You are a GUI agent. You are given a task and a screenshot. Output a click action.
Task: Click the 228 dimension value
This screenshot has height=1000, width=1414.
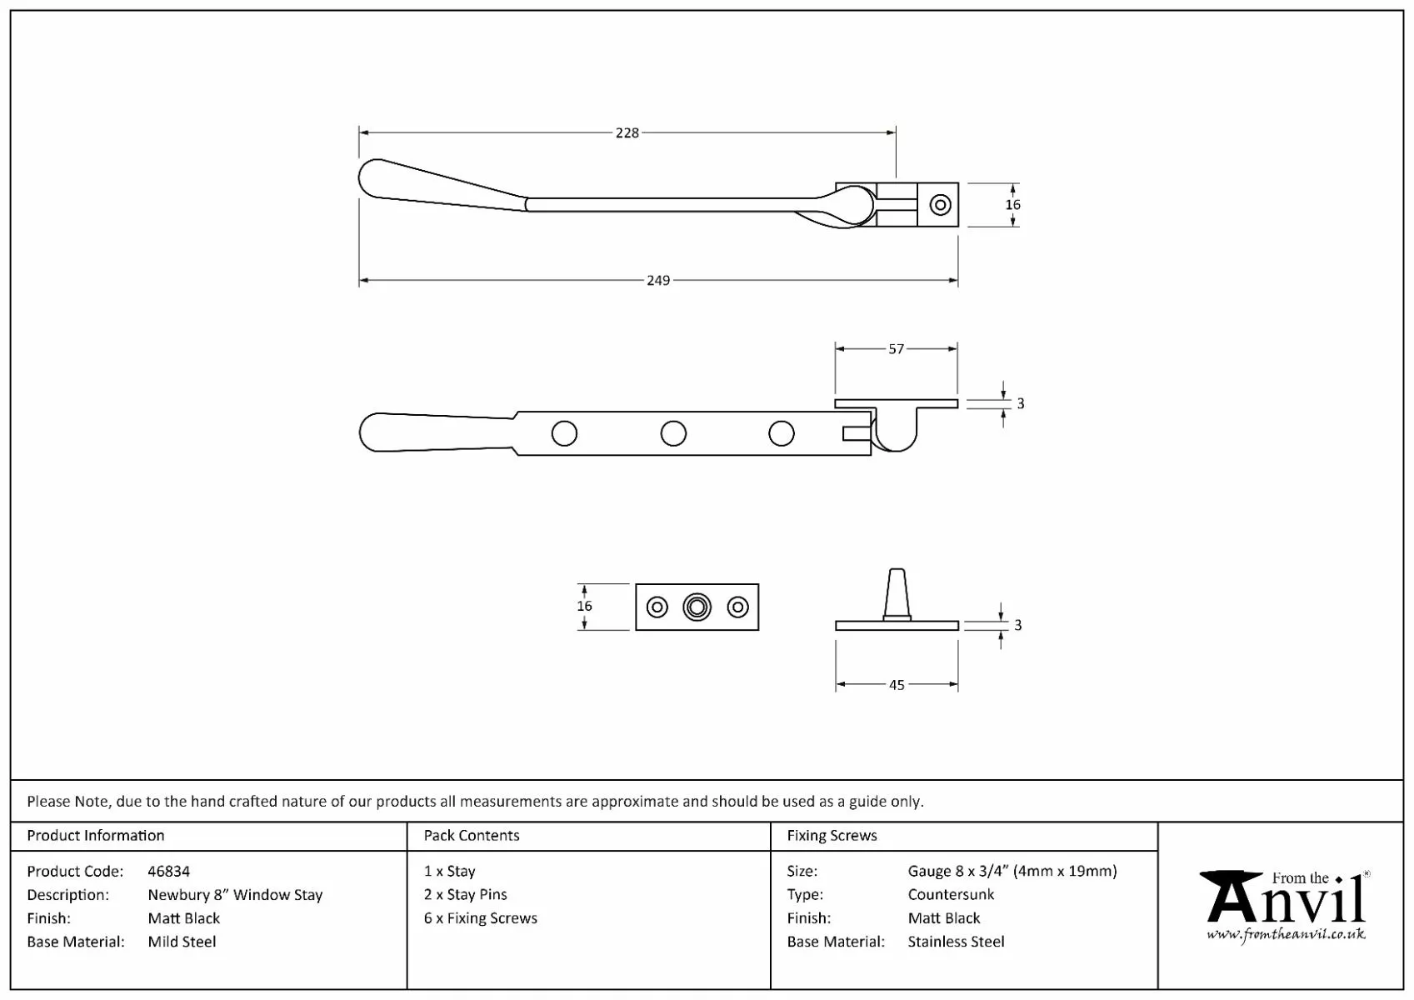[627, 132]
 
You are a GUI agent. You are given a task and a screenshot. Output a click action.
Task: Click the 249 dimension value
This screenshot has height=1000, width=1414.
[658, 281]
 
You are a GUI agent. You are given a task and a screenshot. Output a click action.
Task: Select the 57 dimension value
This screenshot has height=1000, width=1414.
[896, 349]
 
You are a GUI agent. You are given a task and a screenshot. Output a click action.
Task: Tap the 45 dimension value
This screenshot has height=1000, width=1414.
[897, 685]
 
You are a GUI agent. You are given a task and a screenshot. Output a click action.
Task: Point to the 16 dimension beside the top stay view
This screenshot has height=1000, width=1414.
[1012, 205]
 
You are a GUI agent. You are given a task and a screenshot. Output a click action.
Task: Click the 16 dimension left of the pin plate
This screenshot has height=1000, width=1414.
[584, 607]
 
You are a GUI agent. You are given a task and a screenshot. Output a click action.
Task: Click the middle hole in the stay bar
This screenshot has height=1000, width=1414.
[673, 433]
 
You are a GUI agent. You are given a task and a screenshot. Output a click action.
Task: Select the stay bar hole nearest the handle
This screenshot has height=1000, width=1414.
[564, 433]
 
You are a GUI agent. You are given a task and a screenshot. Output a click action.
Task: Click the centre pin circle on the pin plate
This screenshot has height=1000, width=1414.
[697, 607]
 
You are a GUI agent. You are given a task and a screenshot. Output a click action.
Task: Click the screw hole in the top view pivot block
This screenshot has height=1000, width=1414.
[941, 204]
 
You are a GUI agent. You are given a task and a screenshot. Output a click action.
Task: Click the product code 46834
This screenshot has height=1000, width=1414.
[168, 872]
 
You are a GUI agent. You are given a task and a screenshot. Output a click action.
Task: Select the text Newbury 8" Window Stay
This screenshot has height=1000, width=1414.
[235, 895]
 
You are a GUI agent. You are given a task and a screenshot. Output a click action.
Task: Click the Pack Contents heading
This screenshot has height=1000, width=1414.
[472, 836]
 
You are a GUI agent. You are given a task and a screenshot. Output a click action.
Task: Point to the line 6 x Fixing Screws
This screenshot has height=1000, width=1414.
[481, 918]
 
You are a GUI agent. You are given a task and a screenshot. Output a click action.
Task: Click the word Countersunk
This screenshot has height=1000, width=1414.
[951, 895]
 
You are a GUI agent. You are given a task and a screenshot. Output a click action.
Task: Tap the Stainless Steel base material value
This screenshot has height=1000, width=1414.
[956, 942]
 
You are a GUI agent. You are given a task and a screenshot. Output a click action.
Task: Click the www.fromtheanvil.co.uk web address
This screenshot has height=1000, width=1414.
[1286, 935]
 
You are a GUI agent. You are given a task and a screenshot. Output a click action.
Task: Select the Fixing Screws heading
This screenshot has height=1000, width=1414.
[832, 836]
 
